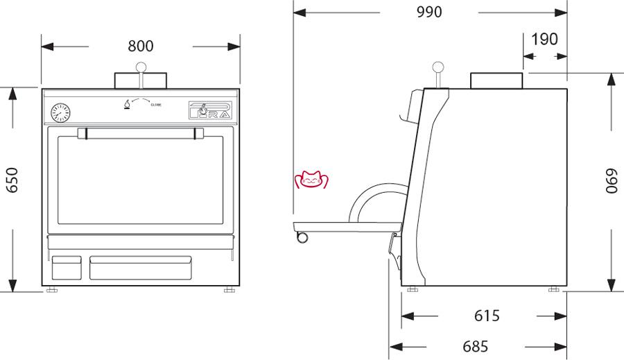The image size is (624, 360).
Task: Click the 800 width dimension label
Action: pos(141,46)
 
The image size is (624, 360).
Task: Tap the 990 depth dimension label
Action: pos(429,12)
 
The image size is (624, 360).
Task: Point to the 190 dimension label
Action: pos(544,40)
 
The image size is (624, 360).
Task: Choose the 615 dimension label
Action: pos(487,316)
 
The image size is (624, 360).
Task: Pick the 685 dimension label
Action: pos(476,345)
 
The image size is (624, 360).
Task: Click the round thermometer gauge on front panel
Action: pos(60,112)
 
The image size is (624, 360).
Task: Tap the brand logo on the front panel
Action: pos(208,111)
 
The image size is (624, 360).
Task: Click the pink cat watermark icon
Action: pos(311,180)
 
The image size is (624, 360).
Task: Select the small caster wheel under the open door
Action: pos(302,237)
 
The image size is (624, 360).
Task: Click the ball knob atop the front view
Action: pos(141,67)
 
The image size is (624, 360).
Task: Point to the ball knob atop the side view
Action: pos(438,68)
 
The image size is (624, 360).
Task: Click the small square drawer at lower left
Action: pos(67,268)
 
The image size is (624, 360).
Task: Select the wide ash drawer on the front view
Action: pos(140,268)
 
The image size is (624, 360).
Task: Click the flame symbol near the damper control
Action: pos(127,105)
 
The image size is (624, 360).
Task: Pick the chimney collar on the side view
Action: pos(496,80)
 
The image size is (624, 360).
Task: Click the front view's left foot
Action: pos(51,290)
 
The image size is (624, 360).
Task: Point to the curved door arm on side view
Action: pos(367,199)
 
